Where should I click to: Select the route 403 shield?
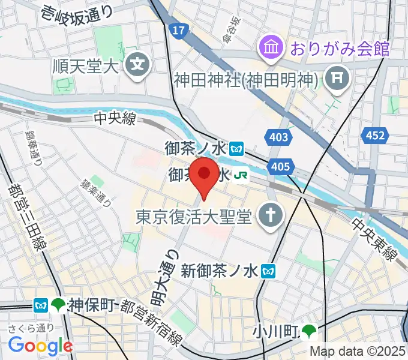click(279, 138)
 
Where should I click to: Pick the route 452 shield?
click(375, 136)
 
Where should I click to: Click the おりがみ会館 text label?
click(340, 47)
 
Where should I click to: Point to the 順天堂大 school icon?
click(139, 62)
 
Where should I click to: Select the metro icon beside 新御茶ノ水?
click(269, 272)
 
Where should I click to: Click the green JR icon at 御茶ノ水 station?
click(242, 176)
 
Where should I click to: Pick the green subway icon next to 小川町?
click(310, 331)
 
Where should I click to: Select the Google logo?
click(40, 345)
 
